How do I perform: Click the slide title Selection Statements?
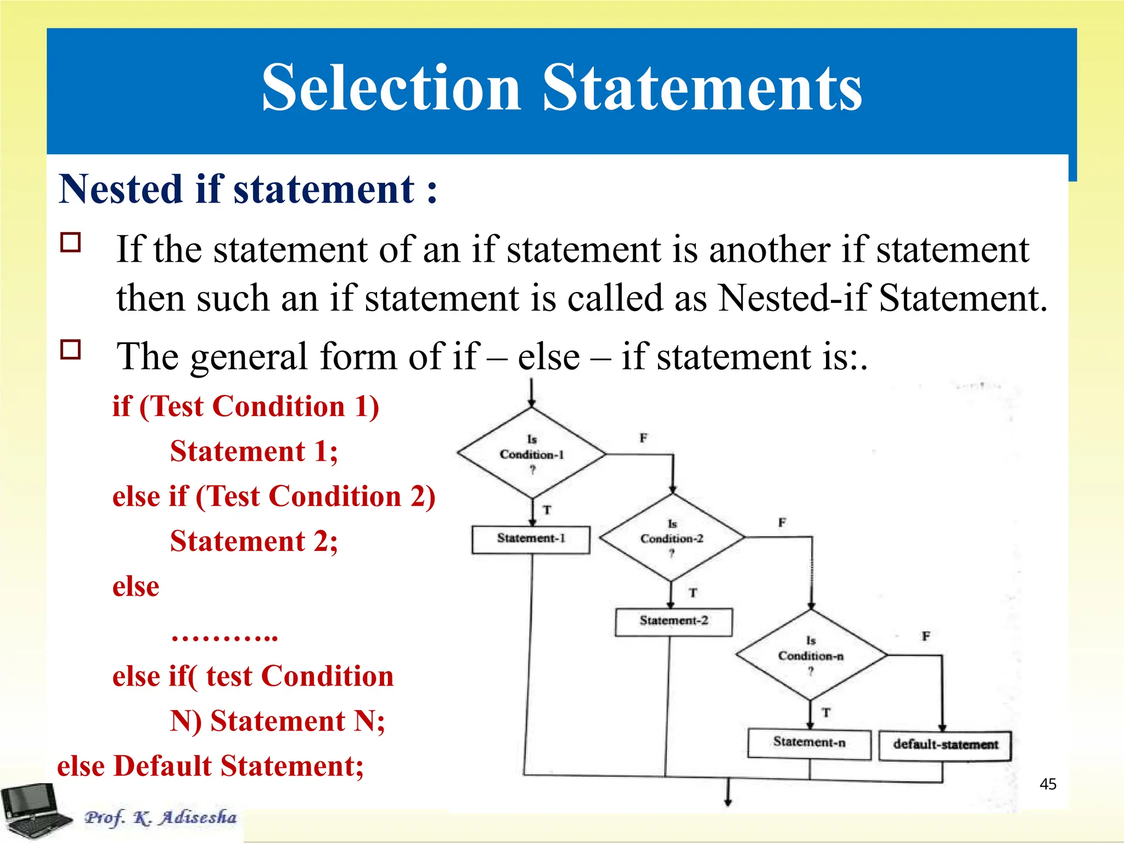561,88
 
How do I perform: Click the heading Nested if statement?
248,189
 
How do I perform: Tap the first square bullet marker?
71,242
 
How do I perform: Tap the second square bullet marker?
71,349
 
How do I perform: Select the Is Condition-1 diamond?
531,454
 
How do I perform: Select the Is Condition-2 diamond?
671,538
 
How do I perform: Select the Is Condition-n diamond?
811,655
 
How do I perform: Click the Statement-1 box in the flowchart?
531,539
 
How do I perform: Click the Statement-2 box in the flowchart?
673,621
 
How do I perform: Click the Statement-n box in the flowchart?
809,743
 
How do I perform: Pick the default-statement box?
945,745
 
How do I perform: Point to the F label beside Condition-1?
643,438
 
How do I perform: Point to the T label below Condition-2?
693,593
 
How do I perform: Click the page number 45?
1048,784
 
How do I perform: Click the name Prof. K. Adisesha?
160,818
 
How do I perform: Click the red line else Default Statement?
210,766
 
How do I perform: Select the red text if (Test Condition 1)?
245,407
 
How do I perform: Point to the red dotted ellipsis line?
224,637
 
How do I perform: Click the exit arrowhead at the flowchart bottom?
728,802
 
